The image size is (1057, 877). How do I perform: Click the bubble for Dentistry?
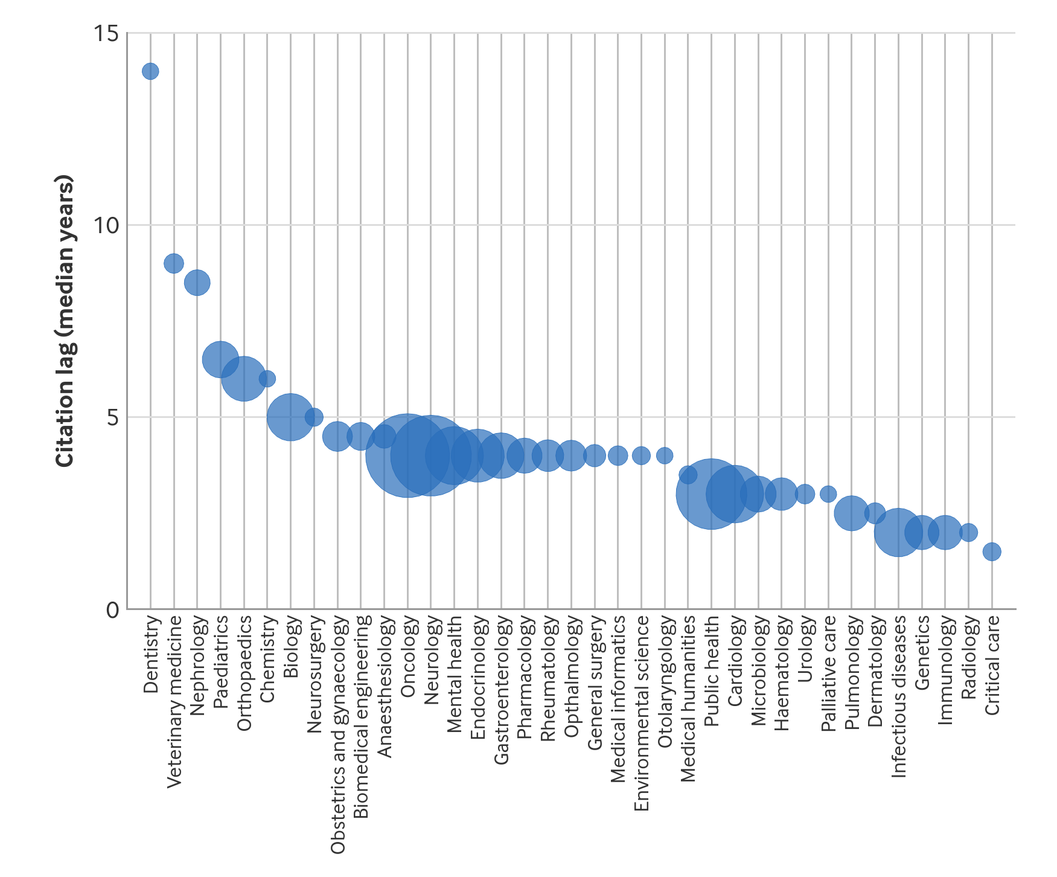150,71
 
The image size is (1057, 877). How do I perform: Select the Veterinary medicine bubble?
174,263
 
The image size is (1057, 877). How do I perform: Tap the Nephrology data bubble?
197,282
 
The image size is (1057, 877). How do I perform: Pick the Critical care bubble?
992,551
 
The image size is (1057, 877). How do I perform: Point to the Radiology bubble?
968,532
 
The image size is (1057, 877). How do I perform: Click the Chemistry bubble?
267,379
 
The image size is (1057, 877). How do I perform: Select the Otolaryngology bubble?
665,455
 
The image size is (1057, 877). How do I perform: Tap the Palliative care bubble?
828,494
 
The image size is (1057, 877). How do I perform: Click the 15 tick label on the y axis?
106,33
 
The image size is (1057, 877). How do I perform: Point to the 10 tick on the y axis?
106,225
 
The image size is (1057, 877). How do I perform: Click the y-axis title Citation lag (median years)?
65,321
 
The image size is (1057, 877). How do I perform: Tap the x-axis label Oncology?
408,657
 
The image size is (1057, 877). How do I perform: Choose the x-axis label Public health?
712,670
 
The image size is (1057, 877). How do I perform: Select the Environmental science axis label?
642,713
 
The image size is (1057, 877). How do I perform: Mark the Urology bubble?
805,494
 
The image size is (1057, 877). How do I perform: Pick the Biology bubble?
290,417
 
